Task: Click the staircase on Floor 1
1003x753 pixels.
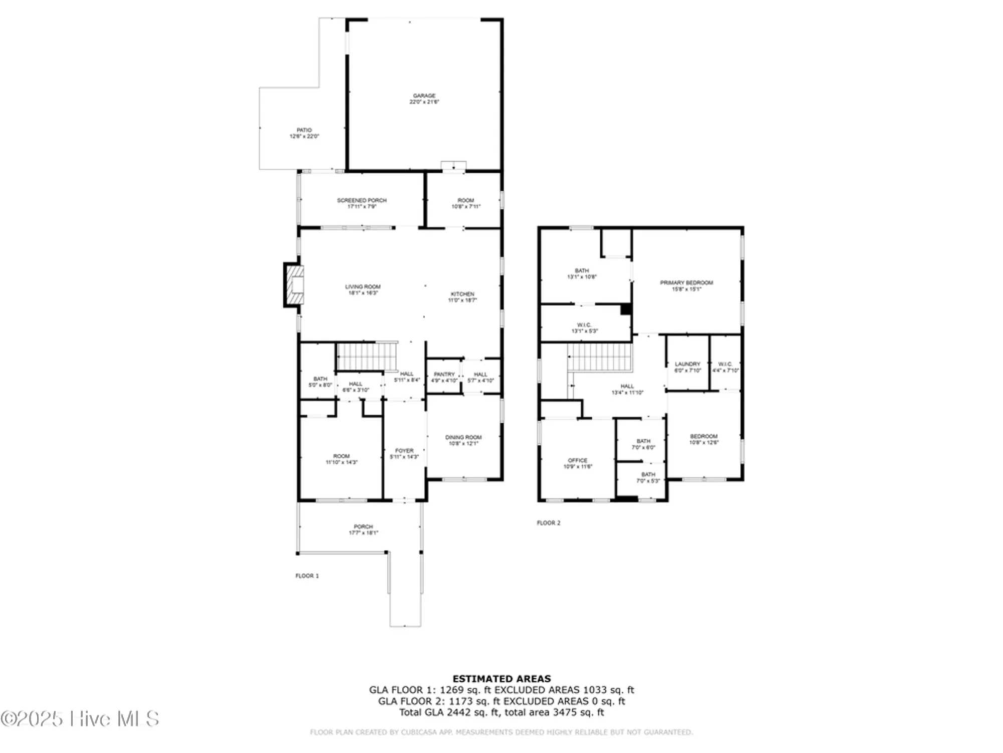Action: pos(367,356)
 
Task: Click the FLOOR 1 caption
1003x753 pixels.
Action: pos(307,576)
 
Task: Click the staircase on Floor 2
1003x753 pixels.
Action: pos(599,357)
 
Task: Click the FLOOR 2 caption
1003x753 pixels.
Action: pos(548,523)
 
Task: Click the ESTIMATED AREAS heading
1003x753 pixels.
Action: pos(501,679)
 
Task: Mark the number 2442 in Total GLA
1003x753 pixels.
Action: pos(459,712)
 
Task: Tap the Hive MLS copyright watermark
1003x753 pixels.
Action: pos(80,719)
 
